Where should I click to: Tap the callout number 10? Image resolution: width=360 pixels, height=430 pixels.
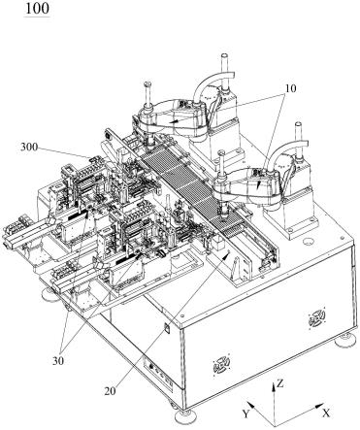tap(290, 88)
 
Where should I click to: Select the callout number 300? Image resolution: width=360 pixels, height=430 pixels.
tap(29, 148)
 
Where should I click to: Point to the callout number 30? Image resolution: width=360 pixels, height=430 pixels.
tap(58, 360)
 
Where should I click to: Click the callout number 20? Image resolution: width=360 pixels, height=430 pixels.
tap(110, 391)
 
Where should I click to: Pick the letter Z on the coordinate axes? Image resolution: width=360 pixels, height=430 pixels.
tap(280, 384)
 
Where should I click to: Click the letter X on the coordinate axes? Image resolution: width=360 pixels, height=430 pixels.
tap(326, 413)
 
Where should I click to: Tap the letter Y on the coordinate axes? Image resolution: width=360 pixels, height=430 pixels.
tap(246, 413)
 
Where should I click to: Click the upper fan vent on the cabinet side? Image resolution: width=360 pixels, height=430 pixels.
tap(315, 318)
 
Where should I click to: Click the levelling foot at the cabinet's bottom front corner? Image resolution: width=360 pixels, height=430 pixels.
tap(185, 414)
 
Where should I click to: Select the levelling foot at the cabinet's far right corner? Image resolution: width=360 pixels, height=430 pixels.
tap(346, 341)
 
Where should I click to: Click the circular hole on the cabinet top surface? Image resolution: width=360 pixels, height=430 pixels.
tap(309, 241)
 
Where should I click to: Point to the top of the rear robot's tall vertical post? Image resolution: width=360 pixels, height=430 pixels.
tap(224, 55)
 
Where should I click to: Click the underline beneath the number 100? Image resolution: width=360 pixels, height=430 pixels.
tap(38, 16)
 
